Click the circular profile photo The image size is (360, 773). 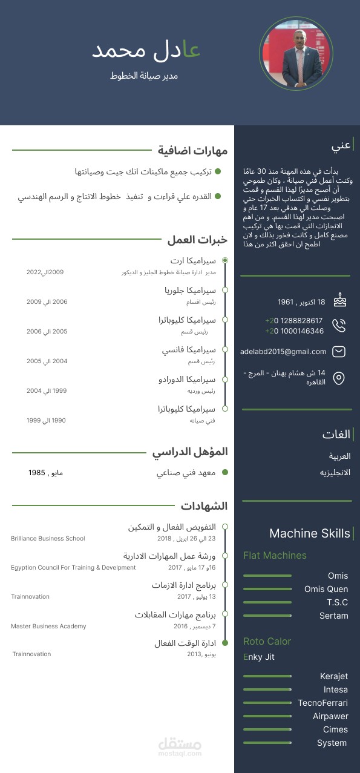(296, 53)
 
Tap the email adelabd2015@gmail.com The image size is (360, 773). (283, 351)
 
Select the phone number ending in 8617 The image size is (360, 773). (294, 320)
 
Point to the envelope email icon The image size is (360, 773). (339, 351)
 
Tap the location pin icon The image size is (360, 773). (339, 378)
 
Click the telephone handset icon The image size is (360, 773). (339, 326)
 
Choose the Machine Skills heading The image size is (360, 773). (309, 533)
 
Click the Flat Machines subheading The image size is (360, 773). (275, 555)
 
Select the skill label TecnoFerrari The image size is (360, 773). (322, 703)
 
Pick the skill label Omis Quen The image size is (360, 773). (326, 589)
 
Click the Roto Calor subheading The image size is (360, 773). (267, 641)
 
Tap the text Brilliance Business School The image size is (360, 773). (48, 538)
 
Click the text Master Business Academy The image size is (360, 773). (48, 626)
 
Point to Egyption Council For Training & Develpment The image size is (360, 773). (73, 567)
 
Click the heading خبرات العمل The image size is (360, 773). (197, 240)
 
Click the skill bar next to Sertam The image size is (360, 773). (267, 616)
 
